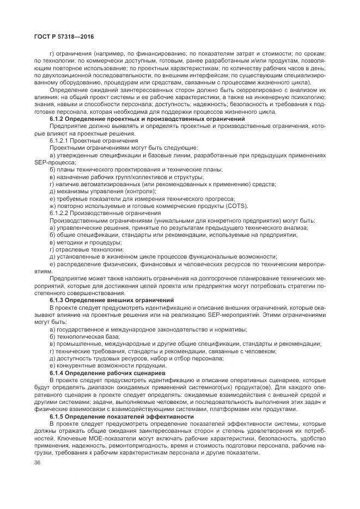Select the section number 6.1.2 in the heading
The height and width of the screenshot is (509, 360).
coord(59,119)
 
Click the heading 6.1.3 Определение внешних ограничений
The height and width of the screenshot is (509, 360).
coord(112,300)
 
